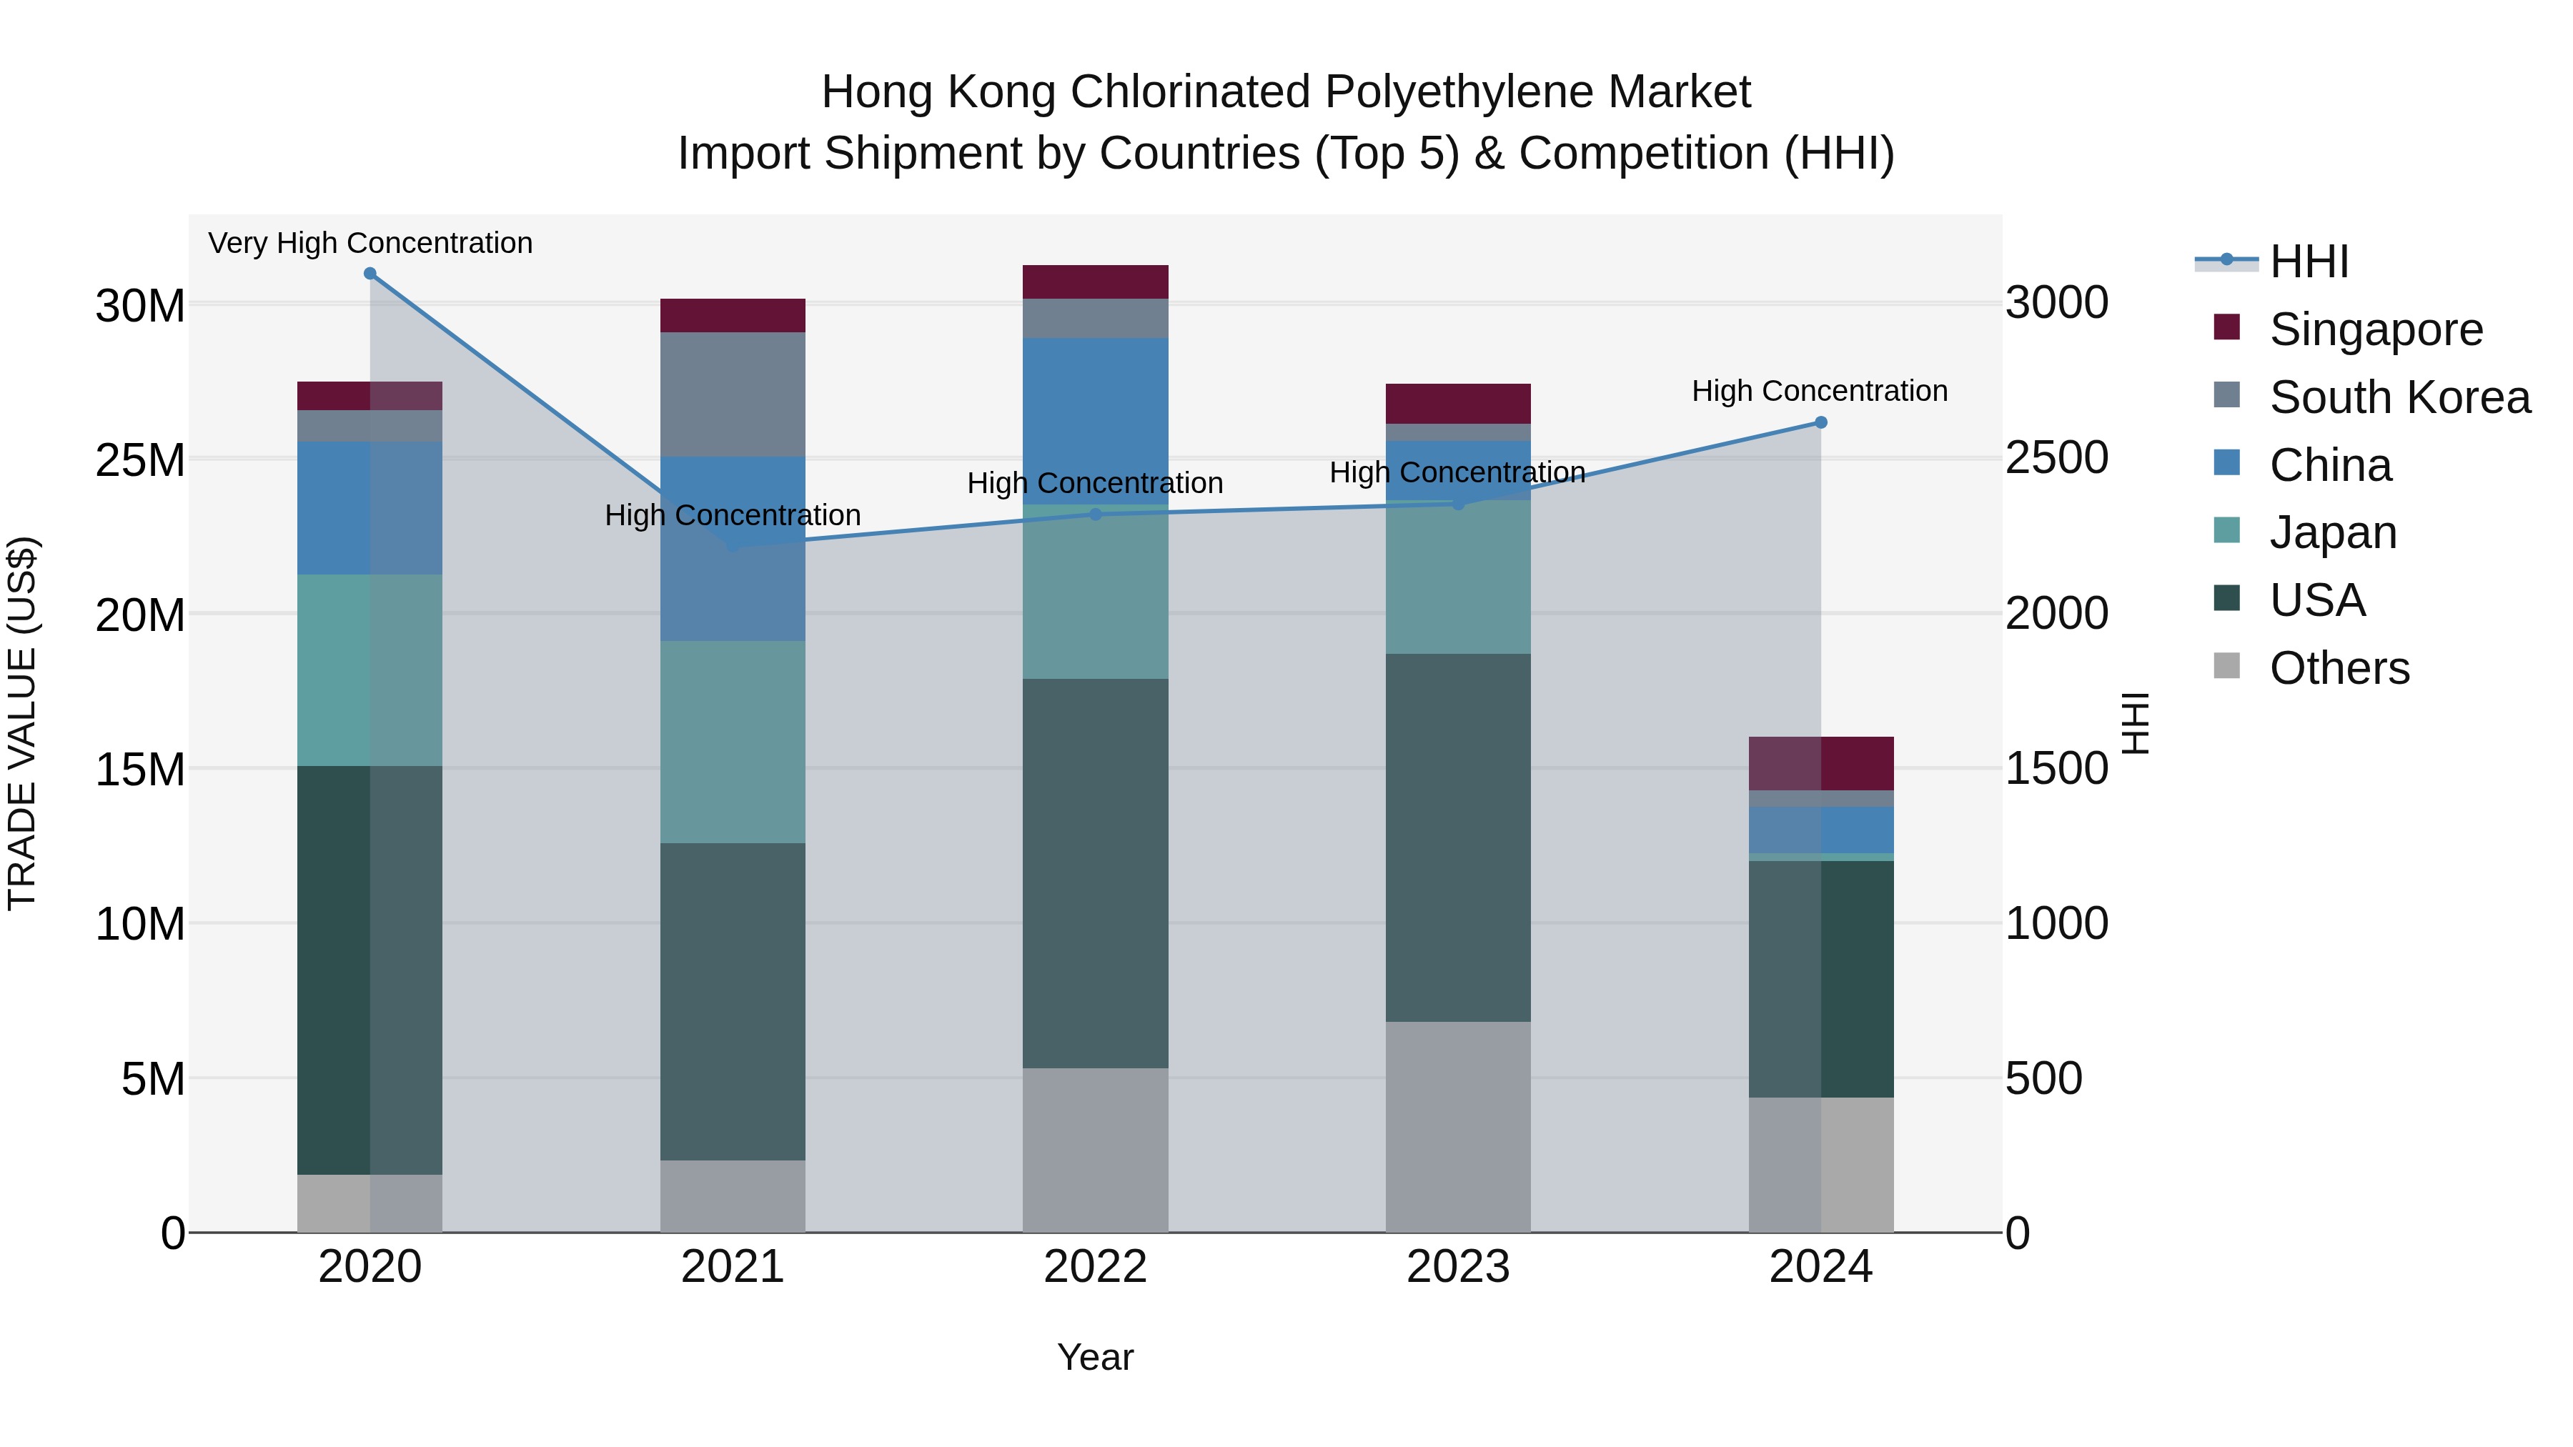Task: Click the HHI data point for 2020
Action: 370,274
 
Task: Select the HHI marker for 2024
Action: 1820,422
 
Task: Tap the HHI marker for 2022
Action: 1095,514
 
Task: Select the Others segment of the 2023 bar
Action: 1457,1126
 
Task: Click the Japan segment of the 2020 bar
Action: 370,670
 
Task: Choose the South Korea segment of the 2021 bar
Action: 732,394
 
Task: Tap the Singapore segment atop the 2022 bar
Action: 1095,282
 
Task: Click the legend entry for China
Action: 2329,465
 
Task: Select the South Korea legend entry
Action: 2398,397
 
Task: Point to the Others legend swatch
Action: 2226,666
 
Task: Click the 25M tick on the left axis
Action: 140,460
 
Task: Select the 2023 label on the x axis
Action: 1457,1267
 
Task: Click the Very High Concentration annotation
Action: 370,243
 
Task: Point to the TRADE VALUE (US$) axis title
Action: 22,723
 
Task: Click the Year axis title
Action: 1095,1357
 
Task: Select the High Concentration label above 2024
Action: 1819,390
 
